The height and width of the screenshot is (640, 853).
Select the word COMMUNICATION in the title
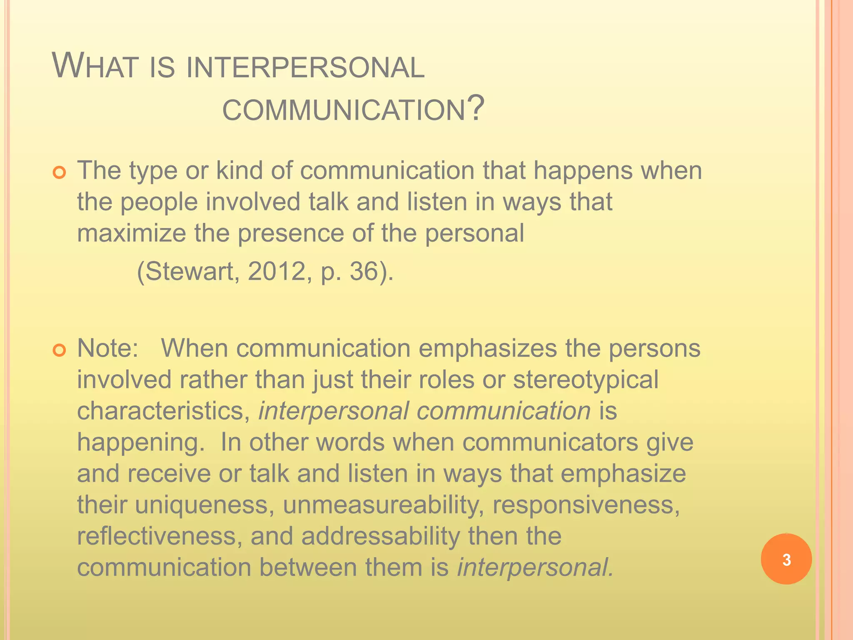[x=344, y=110]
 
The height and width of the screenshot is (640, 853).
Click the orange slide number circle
[x=786, y=559]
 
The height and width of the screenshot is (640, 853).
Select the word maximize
[x=131, y=233]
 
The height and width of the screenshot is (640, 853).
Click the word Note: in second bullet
[x=108, y=348]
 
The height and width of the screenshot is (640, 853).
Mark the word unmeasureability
[x=383, y=505]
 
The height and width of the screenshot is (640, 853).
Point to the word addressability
[x=381, y=536]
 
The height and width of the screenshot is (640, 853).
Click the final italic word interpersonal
[x=535, y=567]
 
